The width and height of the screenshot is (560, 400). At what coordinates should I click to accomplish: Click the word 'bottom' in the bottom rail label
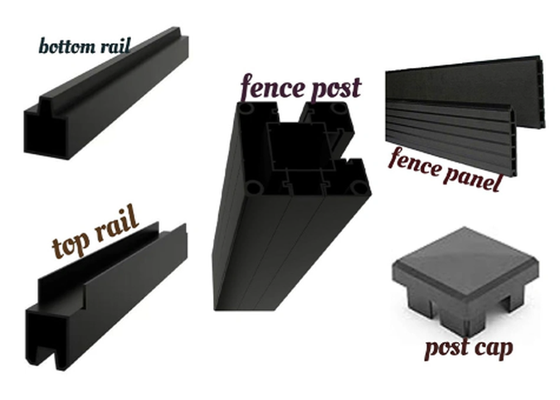click(67, 46)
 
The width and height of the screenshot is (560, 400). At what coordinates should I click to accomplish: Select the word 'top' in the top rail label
click(71, 244)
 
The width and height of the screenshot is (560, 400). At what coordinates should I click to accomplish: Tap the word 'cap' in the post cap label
click(494, 348)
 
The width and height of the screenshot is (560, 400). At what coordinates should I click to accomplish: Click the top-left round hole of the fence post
click(246, 108)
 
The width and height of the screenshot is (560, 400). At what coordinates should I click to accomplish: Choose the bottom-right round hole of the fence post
click(358, 186)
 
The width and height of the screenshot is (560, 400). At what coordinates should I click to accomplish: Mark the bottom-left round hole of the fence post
click(255, 187)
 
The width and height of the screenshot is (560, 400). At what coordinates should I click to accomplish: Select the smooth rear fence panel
click(465, 86)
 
